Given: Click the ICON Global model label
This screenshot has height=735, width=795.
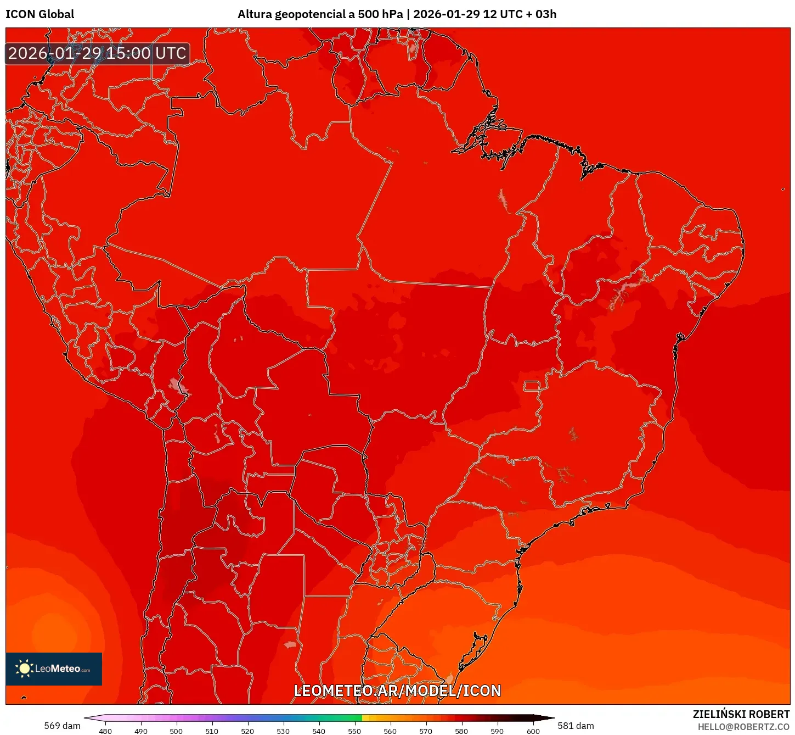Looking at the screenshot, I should [40, 14].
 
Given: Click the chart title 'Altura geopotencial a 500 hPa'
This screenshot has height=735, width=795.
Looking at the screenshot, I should [320, 14].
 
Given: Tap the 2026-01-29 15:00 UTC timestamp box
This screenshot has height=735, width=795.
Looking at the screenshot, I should [97, 53].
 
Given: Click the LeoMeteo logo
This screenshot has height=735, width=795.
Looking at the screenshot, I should [54, 669].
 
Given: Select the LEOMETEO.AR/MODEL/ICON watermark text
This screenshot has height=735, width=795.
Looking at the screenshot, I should [397, 691].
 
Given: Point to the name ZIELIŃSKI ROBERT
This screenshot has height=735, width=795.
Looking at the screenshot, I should [741, 714].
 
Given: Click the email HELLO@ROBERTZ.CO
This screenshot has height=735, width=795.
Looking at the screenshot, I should [743, 727].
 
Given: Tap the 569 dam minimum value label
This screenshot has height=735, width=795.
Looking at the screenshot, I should [62, 726].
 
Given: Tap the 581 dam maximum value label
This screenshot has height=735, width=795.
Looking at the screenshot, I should [576, 726].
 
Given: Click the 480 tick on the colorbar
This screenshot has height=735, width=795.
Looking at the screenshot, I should [105, 731].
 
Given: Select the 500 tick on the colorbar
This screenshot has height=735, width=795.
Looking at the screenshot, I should [176, 731].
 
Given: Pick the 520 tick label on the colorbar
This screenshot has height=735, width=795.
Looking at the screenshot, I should [247, 731].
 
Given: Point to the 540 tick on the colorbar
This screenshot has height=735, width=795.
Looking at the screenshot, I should [319, 731].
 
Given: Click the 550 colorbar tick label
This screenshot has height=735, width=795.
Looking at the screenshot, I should [354, 731].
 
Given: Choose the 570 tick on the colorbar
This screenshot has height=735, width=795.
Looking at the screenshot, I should [426, 731].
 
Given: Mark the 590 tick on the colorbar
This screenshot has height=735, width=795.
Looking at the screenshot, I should [497, 731].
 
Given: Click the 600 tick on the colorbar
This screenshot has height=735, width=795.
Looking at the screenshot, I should [533, 731].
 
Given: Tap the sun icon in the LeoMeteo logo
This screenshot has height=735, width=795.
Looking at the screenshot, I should [24, 668].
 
